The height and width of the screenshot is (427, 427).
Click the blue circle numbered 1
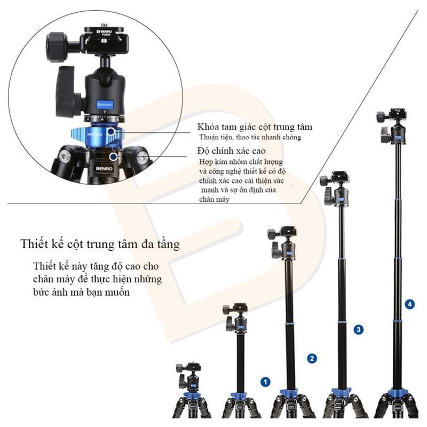coord(265,382)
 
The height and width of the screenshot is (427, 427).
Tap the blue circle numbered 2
coord(312,358)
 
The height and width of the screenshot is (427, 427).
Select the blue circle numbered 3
coord(359,330)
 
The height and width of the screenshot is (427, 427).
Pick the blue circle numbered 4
coord(410,304)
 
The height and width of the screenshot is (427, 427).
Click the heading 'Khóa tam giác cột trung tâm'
coord(255,127)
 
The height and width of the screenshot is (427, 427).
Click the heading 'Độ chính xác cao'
coord(232,151)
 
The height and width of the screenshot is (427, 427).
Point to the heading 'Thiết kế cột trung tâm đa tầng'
coord(100,244)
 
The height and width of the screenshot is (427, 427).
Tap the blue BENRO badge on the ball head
coord(105,104)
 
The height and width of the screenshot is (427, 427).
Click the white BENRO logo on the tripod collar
coord(104,169)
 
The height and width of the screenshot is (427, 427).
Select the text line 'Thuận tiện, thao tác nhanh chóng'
coord(250,137)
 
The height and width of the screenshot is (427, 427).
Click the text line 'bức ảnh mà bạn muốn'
coord(81,292)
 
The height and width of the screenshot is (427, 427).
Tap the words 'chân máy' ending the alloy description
coord(214,199)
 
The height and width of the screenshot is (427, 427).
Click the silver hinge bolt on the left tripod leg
coord(65,156)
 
